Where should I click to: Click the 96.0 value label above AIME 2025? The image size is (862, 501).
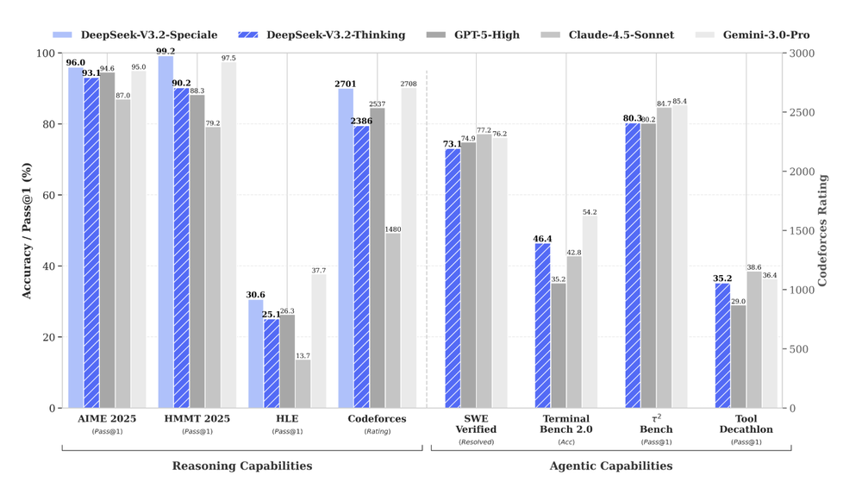76,63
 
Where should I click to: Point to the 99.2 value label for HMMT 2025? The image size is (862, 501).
166,51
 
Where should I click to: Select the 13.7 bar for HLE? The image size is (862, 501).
303,384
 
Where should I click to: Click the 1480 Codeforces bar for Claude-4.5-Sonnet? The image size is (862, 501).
393,321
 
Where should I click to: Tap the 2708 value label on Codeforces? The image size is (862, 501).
408,84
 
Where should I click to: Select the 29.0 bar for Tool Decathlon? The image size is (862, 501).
738,357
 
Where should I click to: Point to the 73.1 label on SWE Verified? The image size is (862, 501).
453,144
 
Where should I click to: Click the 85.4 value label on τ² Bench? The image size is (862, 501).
679,102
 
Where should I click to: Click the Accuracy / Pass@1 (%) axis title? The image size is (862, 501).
27,230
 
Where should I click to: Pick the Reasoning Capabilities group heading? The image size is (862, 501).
242,466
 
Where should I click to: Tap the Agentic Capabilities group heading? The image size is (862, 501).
610,466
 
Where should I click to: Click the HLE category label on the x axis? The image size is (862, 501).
287,419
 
